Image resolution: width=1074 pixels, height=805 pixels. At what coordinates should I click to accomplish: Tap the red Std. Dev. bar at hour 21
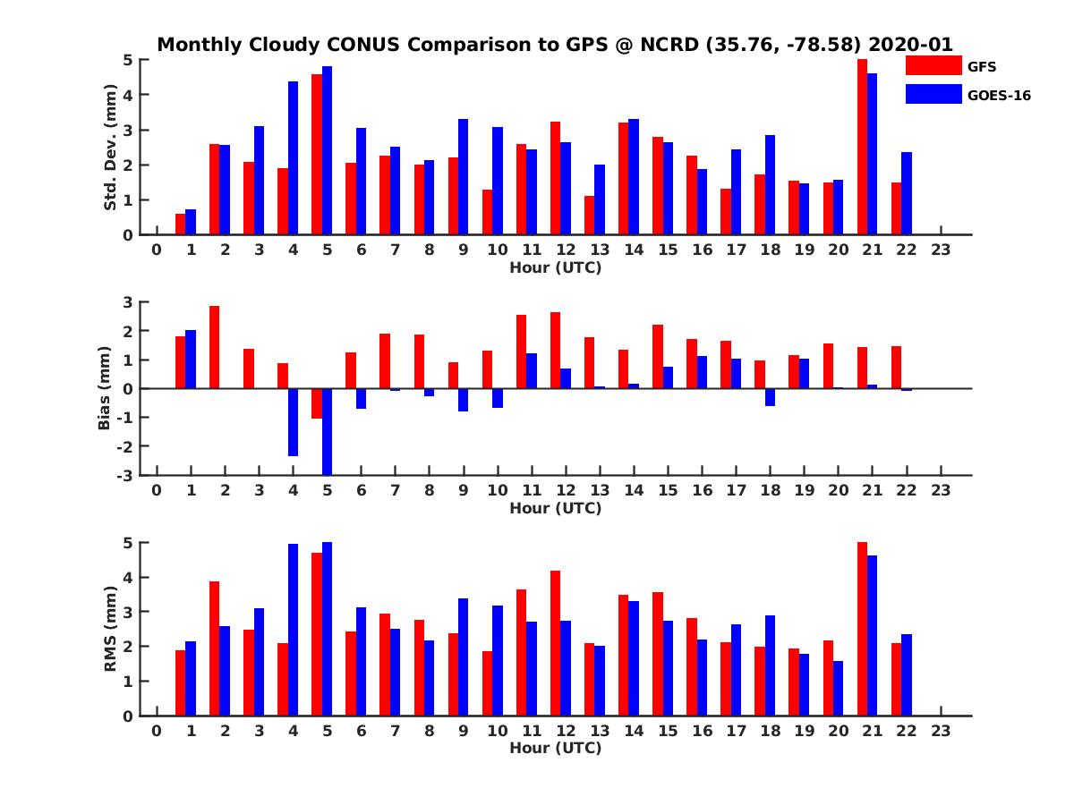point(863,147)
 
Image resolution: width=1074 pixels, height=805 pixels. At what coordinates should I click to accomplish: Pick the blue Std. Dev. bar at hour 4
point(293,158)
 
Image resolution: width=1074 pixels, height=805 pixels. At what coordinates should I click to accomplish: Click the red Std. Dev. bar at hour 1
point(180,225)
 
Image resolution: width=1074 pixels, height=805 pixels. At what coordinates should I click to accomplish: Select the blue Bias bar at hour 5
point(327,431)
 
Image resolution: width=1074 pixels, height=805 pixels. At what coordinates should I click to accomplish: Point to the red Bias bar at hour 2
point(214,347)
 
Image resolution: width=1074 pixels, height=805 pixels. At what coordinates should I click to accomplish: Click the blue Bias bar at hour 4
point(293,422)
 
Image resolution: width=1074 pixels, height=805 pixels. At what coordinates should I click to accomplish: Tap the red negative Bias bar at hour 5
point(317,403)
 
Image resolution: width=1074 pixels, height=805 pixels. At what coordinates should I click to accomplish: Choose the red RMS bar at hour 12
point(555,643)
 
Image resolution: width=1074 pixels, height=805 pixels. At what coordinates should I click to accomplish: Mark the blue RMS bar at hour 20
point(838,688)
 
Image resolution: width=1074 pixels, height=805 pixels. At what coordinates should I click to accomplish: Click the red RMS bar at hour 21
point(863,629)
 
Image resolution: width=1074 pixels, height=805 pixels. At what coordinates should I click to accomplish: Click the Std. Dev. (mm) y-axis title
point(111,148)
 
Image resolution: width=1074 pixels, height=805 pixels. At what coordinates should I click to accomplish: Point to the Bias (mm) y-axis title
point(105,389)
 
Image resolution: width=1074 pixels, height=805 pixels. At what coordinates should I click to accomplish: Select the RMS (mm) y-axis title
point(111,629)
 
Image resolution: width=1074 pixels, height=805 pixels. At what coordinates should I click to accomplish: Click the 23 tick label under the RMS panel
point(941,730)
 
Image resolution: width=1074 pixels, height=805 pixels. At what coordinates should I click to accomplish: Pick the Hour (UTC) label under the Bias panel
point(555,508)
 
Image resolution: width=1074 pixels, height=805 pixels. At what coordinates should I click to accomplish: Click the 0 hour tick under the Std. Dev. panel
point(157,250)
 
